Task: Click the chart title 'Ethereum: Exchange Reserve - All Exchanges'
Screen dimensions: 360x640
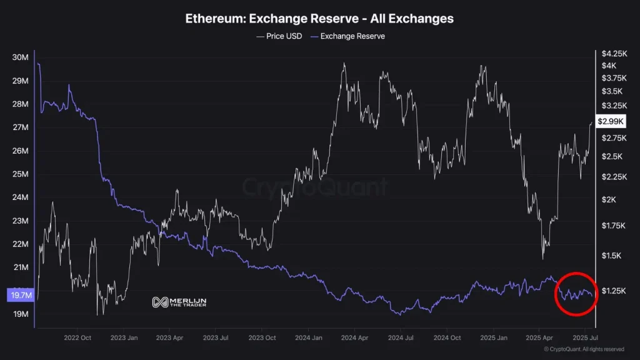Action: tap(319, 19)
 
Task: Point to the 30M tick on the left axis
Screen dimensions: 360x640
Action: tap(21, 57)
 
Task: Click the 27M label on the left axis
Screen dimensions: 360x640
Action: tap(21, 127)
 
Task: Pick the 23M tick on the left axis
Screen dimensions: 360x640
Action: tap(21, 221)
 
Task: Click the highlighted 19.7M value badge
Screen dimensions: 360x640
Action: tap(18, 295)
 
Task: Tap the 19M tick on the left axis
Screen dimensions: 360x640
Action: tap(21, 314)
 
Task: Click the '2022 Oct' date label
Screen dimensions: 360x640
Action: tap(77, 337)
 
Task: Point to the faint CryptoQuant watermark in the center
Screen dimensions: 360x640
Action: tap(316, 187)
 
